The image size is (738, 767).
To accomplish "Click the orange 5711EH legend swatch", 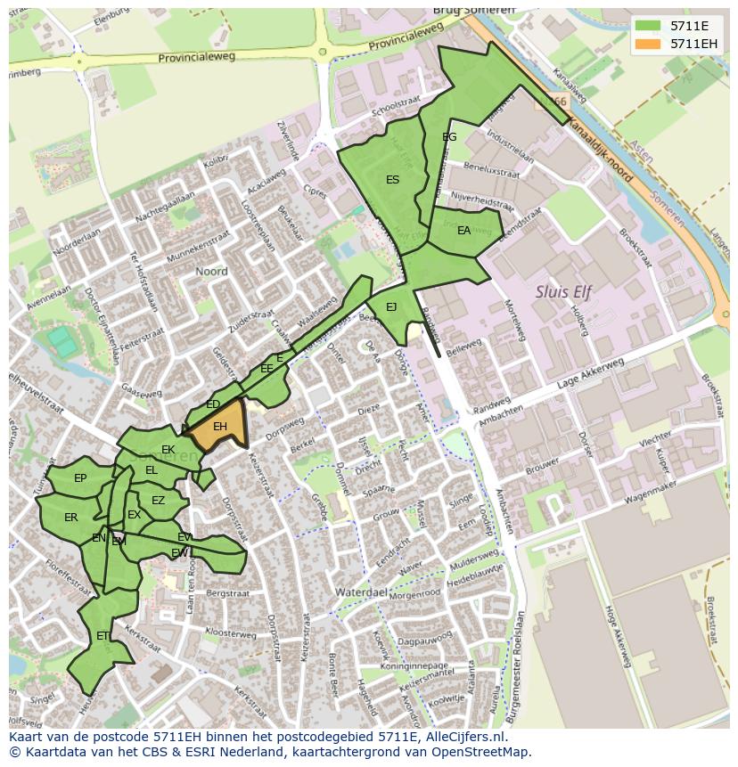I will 649,44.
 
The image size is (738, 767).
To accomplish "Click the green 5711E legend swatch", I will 649,26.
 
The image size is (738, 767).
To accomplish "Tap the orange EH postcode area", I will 219,428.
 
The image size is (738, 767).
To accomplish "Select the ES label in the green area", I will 392,180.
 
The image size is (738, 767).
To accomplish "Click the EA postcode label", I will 463,231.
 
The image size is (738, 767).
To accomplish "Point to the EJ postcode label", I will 391,307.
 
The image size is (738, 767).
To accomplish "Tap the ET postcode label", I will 102,636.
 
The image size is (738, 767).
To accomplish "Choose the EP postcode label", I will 80,478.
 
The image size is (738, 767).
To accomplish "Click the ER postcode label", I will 71,518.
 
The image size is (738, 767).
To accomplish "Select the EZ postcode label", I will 158,501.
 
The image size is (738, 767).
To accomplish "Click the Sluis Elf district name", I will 563,291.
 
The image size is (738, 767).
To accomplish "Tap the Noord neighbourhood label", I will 211,272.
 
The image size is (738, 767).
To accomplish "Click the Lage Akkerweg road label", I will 590,375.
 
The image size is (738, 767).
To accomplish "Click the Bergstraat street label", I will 226,592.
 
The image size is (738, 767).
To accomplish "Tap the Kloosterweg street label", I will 231,633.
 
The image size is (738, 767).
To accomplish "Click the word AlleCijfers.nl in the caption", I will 463,737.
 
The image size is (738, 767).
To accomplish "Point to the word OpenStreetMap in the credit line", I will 486,752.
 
